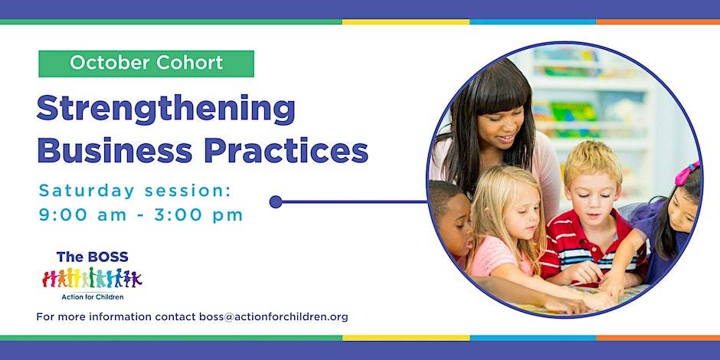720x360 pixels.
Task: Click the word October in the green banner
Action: [x=109, y=63]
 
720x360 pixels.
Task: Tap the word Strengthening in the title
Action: [x=165, y=110]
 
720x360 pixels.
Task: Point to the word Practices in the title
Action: [x=286, y=151]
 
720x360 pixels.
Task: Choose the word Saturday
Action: [x=87, y=191]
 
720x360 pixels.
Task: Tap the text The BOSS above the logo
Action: [x=92, y=257]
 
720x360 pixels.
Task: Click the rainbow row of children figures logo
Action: [x=92, y=278]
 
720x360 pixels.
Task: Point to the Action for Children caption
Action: [x=92, y=297]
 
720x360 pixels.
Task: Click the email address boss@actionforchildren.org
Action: [x=273, y=317]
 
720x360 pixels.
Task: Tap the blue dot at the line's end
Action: [x=276, y=201]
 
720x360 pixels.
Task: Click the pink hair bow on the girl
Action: [x=686, y=172]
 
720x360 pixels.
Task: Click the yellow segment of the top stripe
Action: [x=406, y=21]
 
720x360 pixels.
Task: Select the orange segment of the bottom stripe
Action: [x=658, y=338]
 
